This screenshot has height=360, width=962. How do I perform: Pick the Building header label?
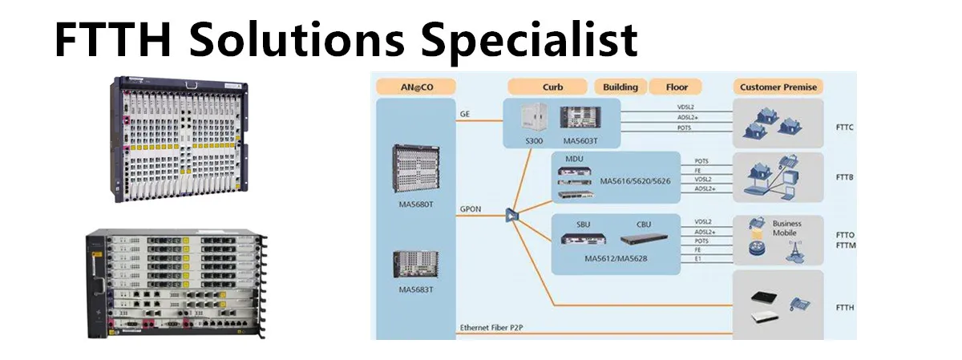620,87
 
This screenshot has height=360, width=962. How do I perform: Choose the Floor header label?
677,87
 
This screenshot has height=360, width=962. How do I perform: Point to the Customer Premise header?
778,87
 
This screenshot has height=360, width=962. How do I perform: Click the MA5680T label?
415,204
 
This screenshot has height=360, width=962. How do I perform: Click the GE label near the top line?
465,114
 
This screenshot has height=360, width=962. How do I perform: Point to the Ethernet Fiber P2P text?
497,328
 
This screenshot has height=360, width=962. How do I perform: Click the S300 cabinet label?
534,140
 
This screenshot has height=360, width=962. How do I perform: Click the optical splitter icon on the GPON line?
511,215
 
